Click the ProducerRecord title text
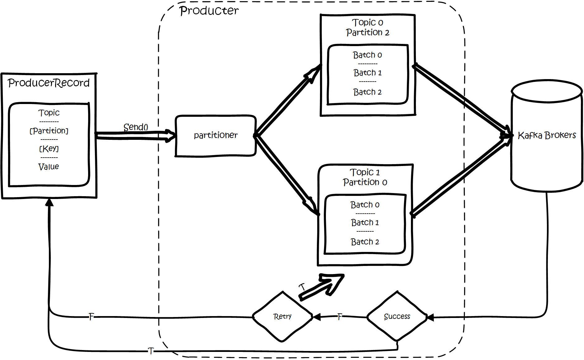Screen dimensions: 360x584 (x=49, y=83)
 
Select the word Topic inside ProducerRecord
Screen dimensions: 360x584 (x=49, y=113)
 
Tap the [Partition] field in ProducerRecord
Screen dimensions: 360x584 (x=49, y=131)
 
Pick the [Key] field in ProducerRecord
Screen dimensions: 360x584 (x=49, y=149)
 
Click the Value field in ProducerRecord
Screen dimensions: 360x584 (x=49, y=167)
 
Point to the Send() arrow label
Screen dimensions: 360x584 (x=136, y=127)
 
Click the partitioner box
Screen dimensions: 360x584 (x=215, y=136)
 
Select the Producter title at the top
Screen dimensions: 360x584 (x=210, y=12)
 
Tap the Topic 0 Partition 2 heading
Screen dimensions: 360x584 (x=368, y=27)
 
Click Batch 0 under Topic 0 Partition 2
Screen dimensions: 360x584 (x=368, y=55)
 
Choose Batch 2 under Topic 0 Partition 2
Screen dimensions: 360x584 (x=368, y=92)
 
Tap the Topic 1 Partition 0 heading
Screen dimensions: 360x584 (x=365, y=177)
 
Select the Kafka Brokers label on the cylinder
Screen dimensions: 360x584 (x=547, y=135)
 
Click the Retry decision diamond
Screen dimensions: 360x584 (x=282, y=317)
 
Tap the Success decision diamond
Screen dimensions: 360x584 (x=397, y=317)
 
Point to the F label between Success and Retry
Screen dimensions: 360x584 (x=340, y=317)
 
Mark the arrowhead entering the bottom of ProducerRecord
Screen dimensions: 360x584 (x=49, y=202)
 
